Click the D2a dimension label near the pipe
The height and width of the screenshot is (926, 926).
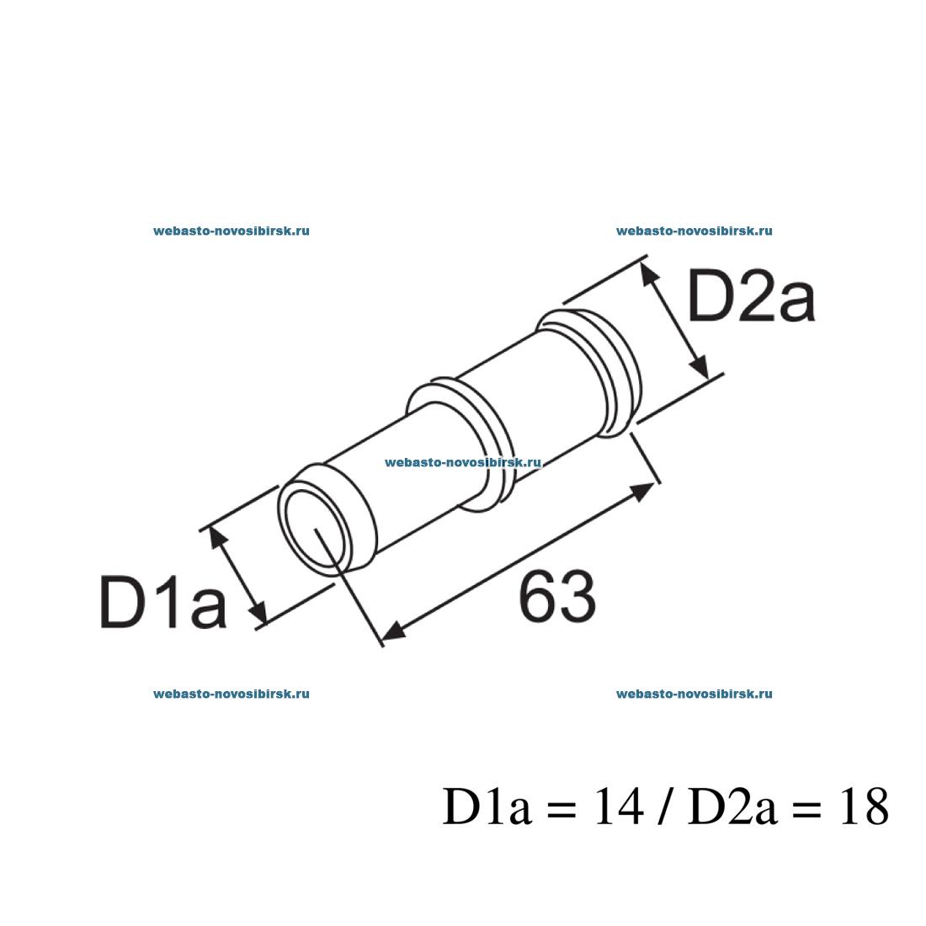tap(751, 297)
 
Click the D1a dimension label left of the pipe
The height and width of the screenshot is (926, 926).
tap(163, 600)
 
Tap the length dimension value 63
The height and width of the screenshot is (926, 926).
tap(557, 597)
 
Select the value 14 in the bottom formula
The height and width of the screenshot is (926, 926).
tap(618, 806)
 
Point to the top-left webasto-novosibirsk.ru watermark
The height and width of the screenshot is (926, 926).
tap(231, 231)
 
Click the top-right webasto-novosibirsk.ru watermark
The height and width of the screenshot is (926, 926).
tap(694, 231)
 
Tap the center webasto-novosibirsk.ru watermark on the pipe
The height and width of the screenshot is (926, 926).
tap(463, 462)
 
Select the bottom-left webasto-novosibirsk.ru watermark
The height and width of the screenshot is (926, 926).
tap(231, 694)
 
